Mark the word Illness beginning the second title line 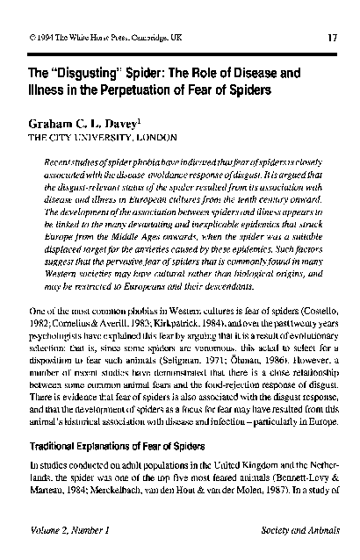[x=47, y=89]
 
